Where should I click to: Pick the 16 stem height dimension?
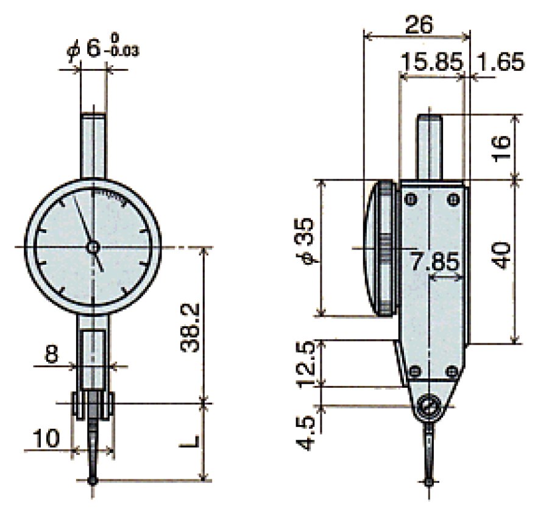pyautogui.click(x=501, y=147)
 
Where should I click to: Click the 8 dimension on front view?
pyautogui.click(x=52, y=355)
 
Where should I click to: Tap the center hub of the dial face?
pyautogui.click(x=93, y=247)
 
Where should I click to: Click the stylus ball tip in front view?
pyautogui.click(x=93, y=481)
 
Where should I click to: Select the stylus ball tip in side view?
pyautogui.click(x=430, y=482)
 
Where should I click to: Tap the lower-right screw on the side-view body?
pyautogui.click(x=452, y=371)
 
